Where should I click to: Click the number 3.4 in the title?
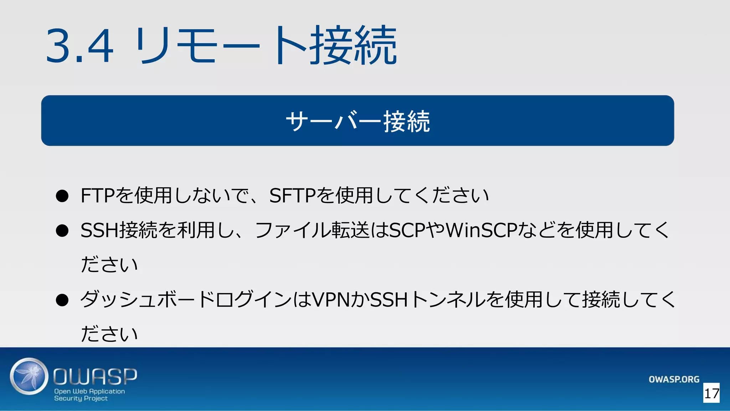(x=80, y=46)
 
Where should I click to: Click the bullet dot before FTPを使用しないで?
(x=62, y=196)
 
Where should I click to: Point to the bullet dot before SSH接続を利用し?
(x=62, y=230)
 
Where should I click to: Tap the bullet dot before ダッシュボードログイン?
(x=62, y=300)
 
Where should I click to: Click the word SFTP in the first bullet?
(x=292, y=196)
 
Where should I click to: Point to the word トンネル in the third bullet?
(x=448, y=300)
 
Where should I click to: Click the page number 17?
(x=711, y=394)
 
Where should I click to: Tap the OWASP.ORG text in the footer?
(x=674, y=379)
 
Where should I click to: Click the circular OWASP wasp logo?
(x=29, y=376)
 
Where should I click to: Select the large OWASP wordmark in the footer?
(x=95, y=376)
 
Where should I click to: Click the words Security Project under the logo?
(x=81, y=399)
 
